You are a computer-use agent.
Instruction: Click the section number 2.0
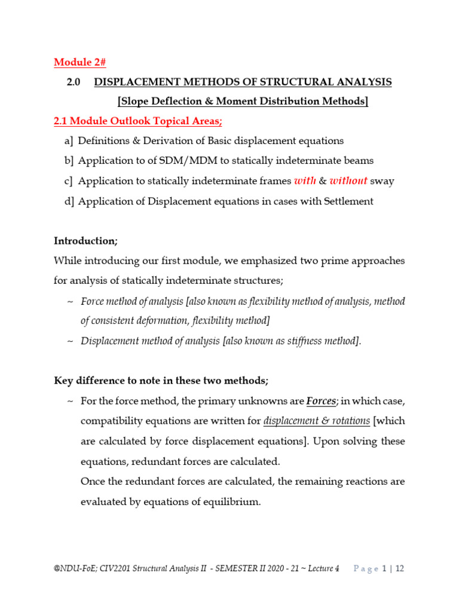74,82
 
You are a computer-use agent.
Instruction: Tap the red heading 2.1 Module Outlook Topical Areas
137,121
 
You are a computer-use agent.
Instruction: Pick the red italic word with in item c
303,181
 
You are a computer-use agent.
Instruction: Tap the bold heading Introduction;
86,241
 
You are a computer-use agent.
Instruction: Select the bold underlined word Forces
322,401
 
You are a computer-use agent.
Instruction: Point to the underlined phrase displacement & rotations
316,421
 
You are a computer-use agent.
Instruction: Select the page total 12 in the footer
399,569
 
